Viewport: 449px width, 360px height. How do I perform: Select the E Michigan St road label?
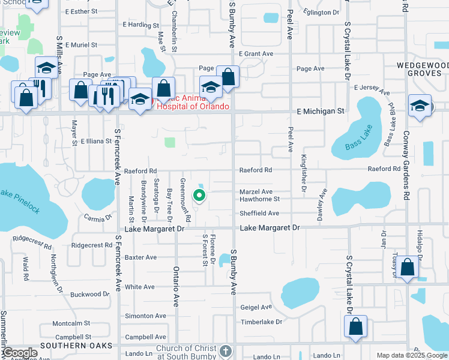[x=320, y=111]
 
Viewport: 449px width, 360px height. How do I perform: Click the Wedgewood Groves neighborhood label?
[x=422, y=69]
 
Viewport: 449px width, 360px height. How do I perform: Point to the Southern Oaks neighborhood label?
[x=76, y=346]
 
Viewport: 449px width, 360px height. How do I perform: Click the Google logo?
[x=19, y=353]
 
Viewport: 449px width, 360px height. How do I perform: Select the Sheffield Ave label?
[x=259, y=213]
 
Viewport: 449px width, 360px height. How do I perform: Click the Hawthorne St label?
[x=260, y=199]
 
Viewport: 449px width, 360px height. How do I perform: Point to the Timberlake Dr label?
[x=261, y=322]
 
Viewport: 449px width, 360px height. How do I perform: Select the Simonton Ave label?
[x=145, y=316]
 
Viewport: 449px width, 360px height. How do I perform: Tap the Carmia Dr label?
[x=98, y=217]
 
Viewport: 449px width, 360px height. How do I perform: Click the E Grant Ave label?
[x=255, y=53]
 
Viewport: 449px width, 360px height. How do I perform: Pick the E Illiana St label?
[x=97, y=142]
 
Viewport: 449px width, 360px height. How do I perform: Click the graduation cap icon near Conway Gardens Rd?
[x=420, y=106]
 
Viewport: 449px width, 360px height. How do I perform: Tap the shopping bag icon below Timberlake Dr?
[x=355, y=327]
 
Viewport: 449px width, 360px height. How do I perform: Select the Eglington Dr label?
[x=321, y=13]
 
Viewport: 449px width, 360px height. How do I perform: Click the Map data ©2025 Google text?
[x=412, y=355]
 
